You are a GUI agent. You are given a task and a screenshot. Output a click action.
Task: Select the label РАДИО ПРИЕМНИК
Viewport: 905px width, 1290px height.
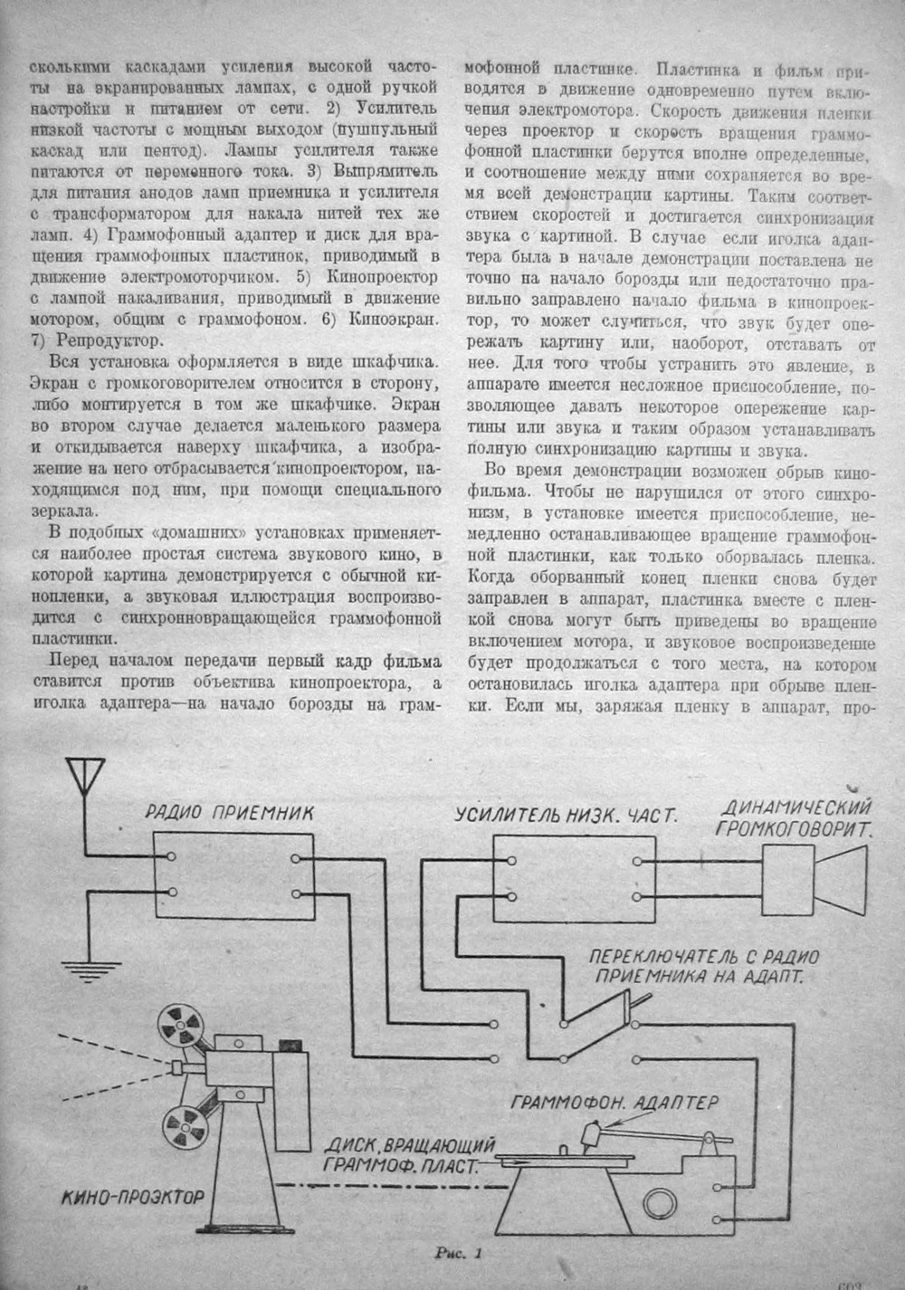pyautogui.click(x=230, y=812)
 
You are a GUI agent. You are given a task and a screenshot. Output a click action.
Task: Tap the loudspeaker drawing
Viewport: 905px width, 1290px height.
pyautogui.click(x=812, y=878)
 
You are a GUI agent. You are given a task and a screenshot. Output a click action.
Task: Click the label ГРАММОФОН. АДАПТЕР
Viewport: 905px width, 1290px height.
pyautogui.click(x=614, y=1103)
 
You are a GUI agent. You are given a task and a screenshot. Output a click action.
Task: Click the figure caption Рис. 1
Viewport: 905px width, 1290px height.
pyautogui.click(x=458, y=1254)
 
